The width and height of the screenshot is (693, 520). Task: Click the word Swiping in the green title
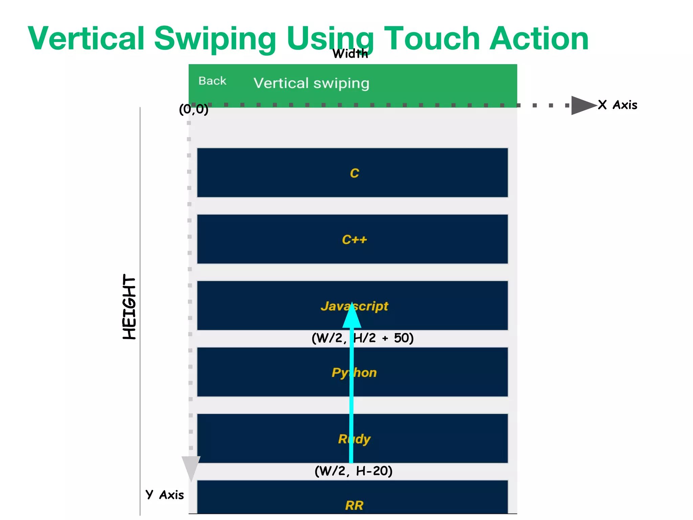point(215,39)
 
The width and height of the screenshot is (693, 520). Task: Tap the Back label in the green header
point(212,81)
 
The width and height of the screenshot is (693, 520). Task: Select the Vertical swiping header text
point(311,83)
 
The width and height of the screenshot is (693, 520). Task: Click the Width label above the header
point(350,53)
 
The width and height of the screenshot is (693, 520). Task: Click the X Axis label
point(618,105)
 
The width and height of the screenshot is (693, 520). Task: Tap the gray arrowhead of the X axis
point(582,105)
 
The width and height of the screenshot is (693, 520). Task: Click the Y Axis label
point(165,495)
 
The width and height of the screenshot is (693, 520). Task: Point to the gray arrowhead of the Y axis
point(191,467)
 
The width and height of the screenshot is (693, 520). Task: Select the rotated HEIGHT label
point(129,307)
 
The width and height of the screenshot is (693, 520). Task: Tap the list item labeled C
point(354,173)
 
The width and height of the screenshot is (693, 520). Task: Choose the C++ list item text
point(354,240)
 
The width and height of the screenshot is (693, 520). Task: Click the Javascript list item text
point(354,306)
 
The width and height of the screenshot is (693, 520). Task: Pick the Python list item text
point(354,373)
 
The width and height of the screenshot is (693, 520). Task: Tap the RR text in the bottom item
point(354,505)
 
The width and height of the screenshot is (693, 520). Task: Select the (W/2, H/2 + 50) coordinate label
point(362,338)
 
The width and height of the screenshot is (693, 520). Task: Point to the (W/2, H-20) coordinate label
point(353,471)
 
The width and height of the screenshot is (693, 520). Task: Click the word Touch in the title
point(432,39)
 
